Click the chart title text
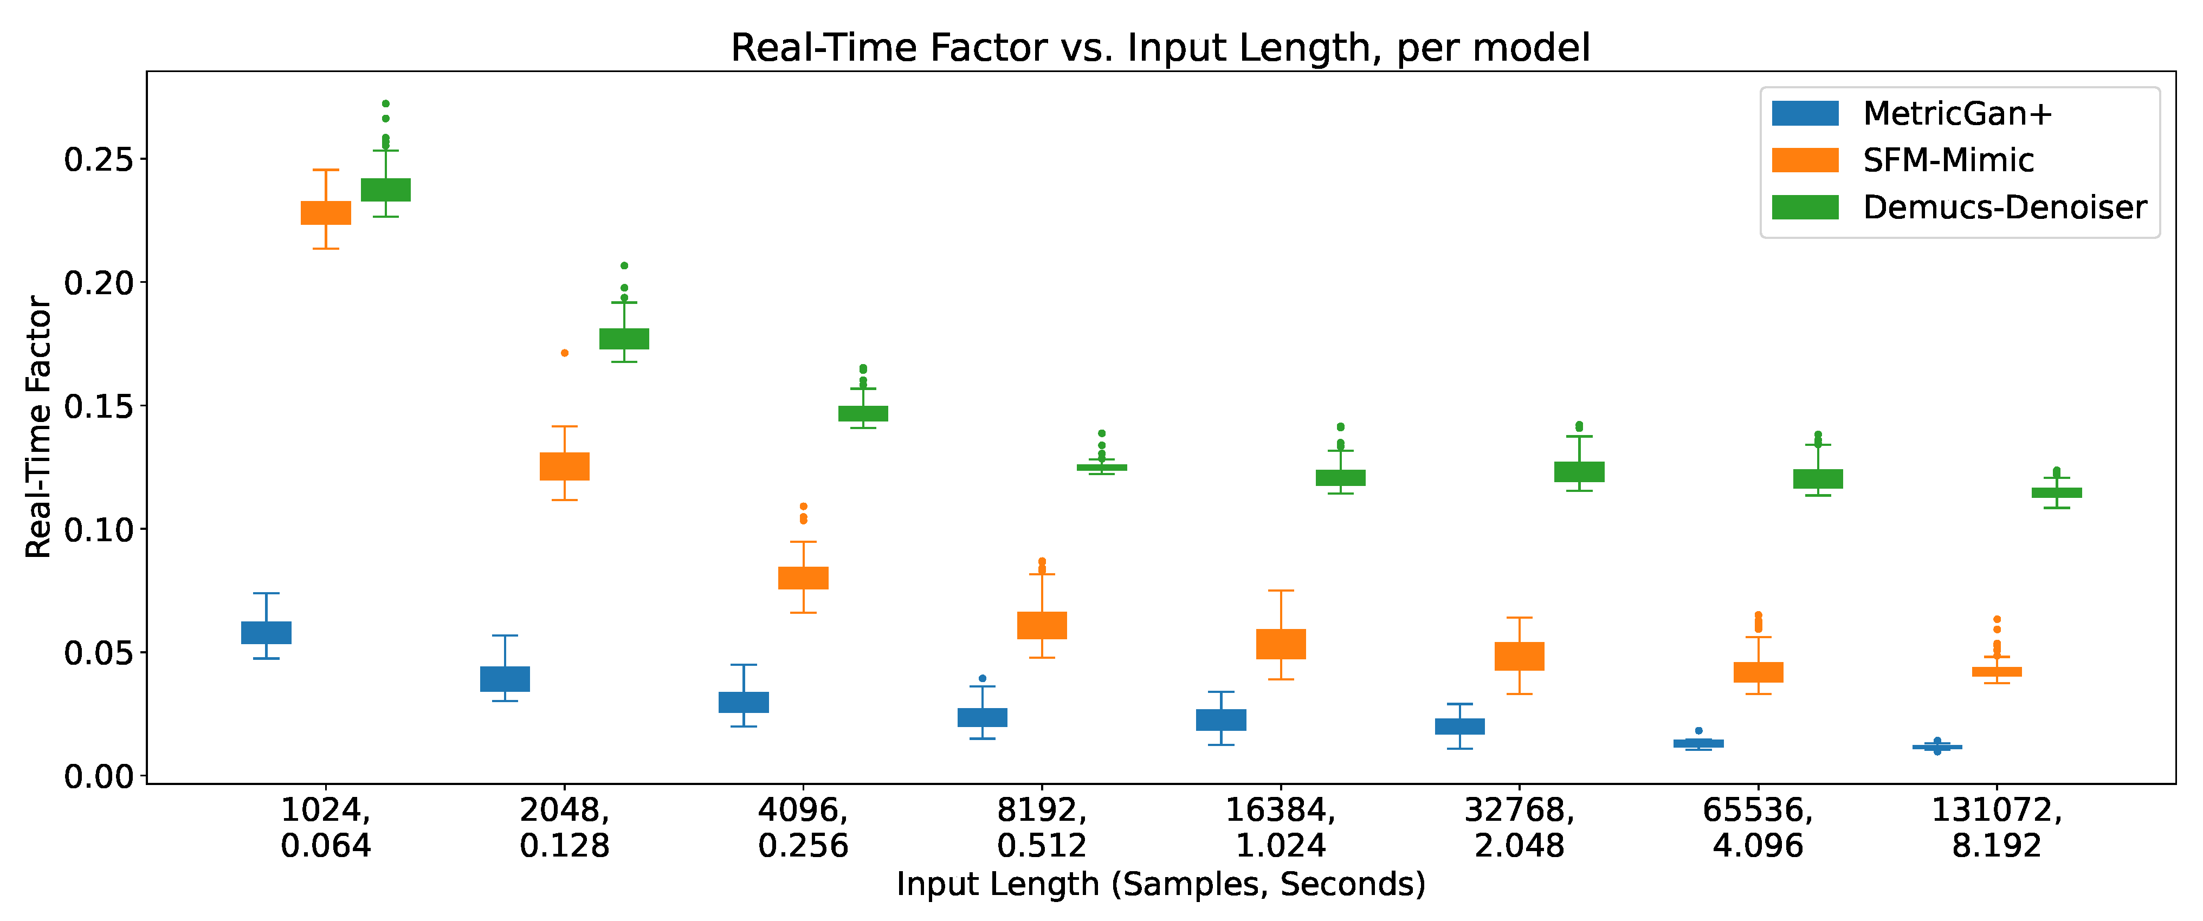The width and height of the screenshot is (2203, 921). coord(1160,48)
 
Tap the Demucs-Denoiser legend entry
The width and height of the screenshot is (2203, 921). coord(2004,207)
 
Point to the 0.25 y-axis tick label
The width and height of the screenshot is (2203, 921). coord(98,159)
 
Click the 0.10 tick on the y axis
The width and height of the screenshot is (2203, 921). coord(98,529)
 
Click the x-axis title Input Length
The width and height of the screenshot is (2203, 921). coord(1160,884)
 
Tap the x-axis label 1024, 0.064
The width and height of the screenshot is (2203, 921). coord(326,827)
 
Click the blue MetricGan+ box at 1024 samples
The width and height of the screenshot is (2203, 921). coord(266,633)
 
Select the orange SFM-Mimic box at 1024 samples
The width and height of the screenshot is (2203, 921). coord(326,213)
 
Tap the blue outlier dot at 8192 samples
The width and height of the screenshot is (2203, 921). coord(982,678)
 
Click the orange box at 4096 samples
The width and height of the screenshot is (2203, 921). coord(803,578)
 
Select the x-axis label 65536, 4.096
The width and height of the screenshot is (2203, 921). coord(1758,827)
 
